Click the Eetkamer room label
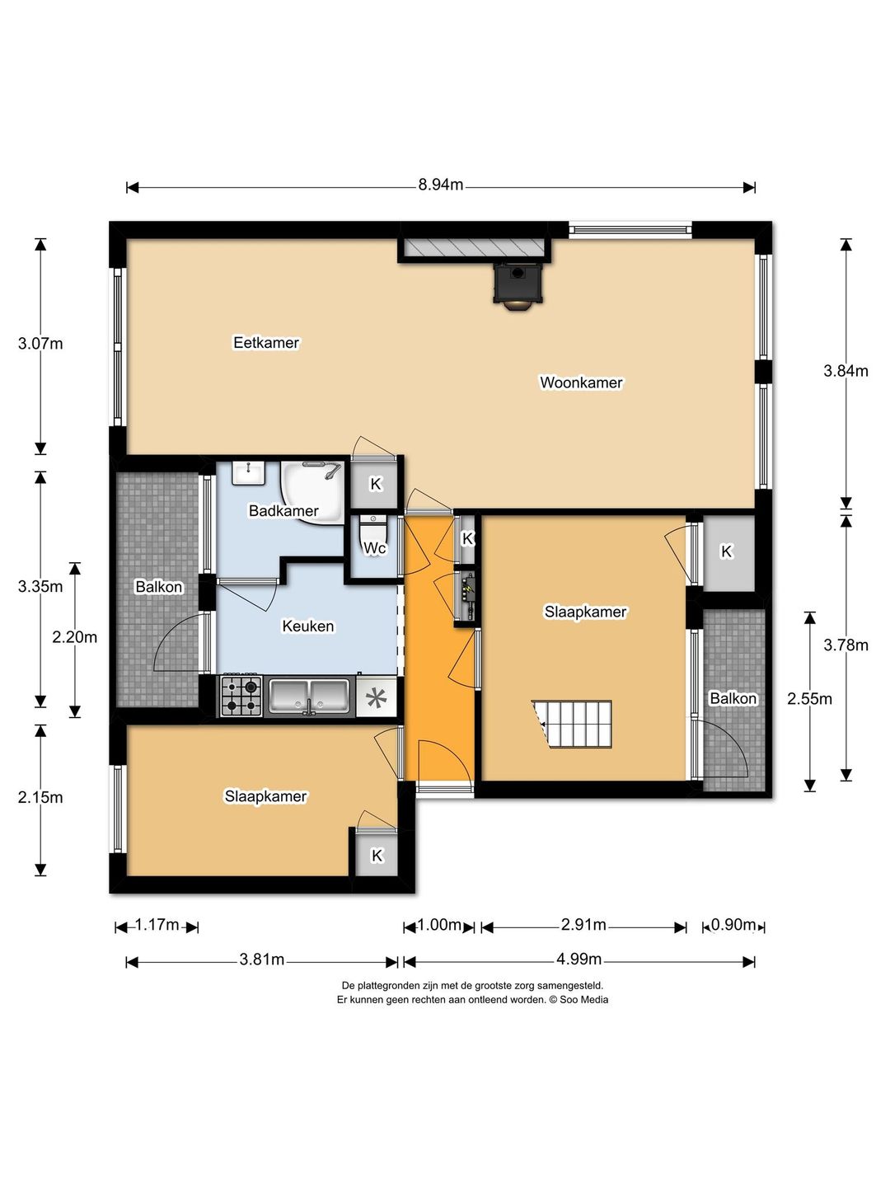[266, 343]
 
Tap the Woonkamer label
[581, 382]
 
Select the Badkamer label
[283, 510]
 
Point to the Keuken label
[308, 626]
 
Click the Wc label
[374, 548]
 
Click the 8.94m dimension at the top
[440, 185]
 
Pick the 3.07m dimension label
[40, 344]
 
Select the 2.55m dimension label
[809, 699]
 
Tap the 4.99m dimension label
[578, 959]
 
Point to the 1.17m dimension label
[157, 925]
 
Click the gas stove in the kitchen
[241, 697]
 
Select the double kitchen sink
[309, 697]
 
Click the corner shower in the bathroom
[312, 492]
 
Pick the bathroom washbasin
[249, 473]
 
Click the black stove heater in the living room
[517, 285]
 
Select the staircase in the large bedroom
[572, 724]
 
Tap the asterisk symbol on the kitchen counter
[376, 697]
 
